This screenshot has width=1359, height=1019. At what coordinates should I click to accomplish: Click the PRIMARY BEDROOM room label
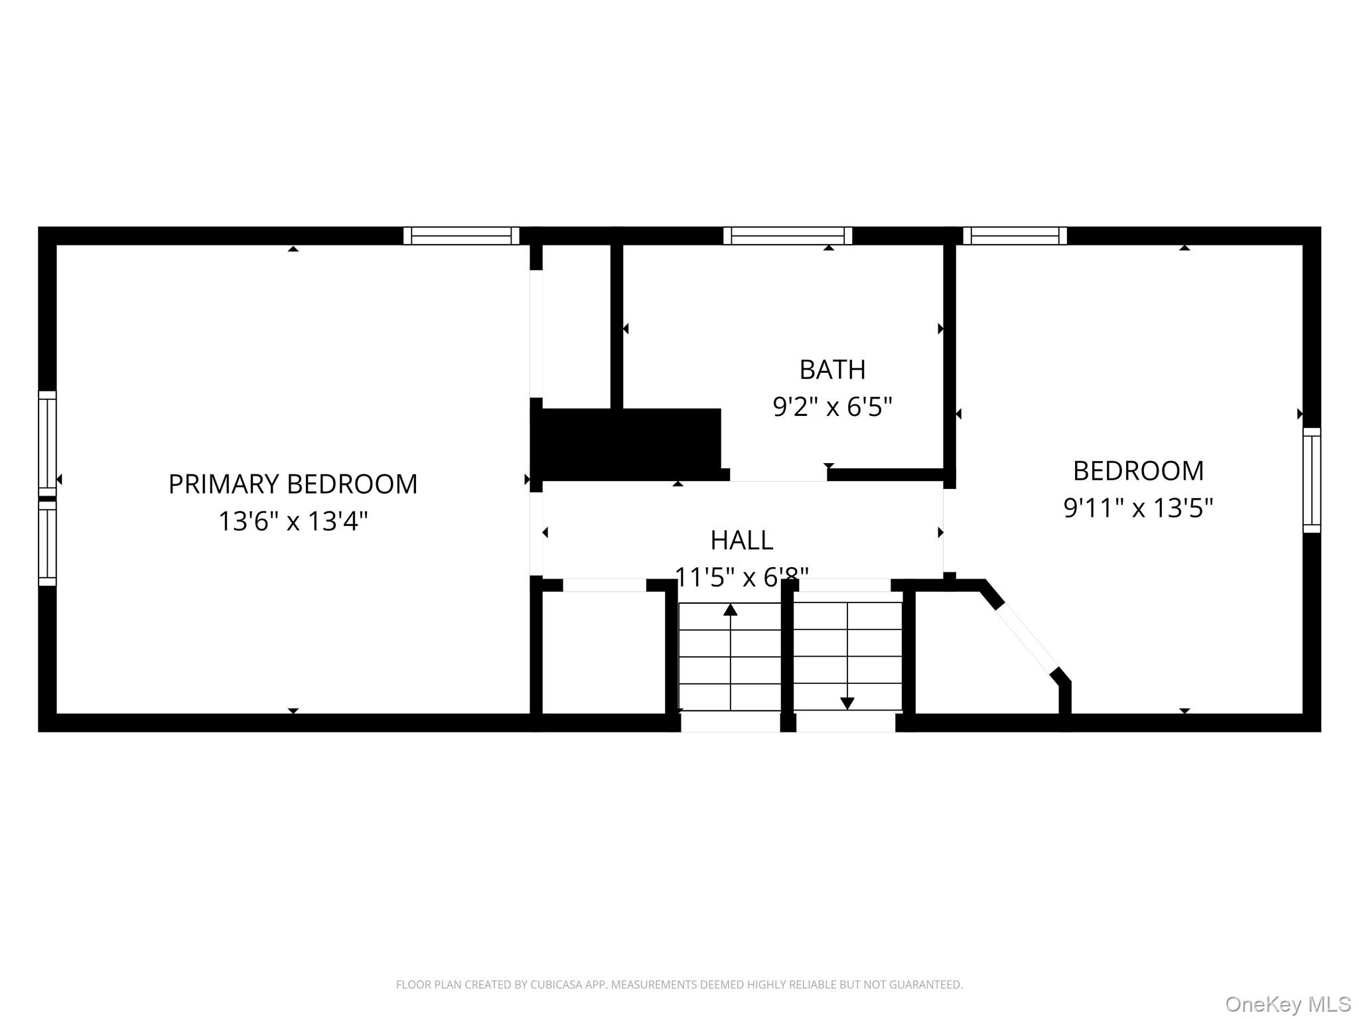[x=293, y=484]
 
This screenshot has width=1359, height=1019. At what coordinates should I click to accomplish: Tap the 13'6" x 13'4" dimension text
[x=293, y=521]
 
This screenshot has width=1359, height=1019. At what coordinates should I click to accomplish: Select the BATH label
[x=832, y=370]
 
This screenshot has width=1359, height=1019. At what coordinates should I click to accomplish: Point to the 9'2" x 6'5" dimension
[x=832, y=407]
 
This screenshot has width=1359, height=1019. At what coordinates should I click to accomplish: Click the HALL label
[x=741, y=540]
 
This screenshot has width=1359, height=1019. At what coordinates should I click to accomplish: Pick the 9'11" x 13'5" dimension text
[x=1138, y=508]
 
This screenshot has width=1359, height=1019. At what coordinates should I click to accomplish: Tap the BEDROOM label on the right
[x=1138, y=471]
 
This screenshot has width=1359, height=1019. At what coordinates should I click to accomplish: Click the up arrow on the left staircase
[x=730, y=610]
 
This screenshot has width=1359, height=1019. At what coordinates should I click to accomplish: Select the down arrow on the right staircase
[x=847, y=703]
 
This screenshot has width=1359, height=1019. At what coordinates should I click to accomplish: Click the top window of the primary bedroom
[x=461, y=236]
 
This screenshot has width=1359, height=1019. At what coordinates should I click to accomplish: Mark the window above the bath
[x=788, y=236]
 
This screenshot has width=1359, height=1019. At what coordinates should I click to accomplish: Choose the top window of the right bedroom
[x=1015, y=236]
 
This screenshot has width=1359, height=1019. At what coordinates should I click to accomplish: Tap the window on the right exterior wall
[x=1311, y=480]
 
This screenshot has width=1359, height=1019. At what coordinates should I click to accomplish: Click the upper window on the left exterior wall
[x=47, y=442]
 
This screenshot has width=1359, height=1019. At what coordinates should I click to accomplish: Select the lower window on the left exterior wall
[x=47, y=543]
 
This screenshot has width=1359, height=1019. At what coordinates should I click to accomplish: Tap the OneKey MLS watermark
[x=1287, y=1004]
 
